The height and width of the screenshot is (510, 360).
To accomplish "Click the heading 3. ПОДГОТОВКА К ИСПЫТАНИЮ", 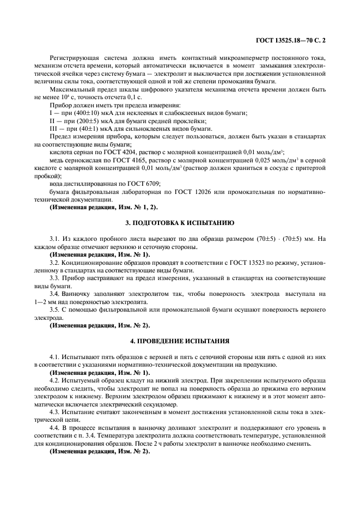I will point(180,223).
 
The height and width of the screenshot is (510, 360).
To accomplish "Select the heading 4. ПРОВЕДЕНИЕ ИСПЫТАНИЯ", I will point(180,342).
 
